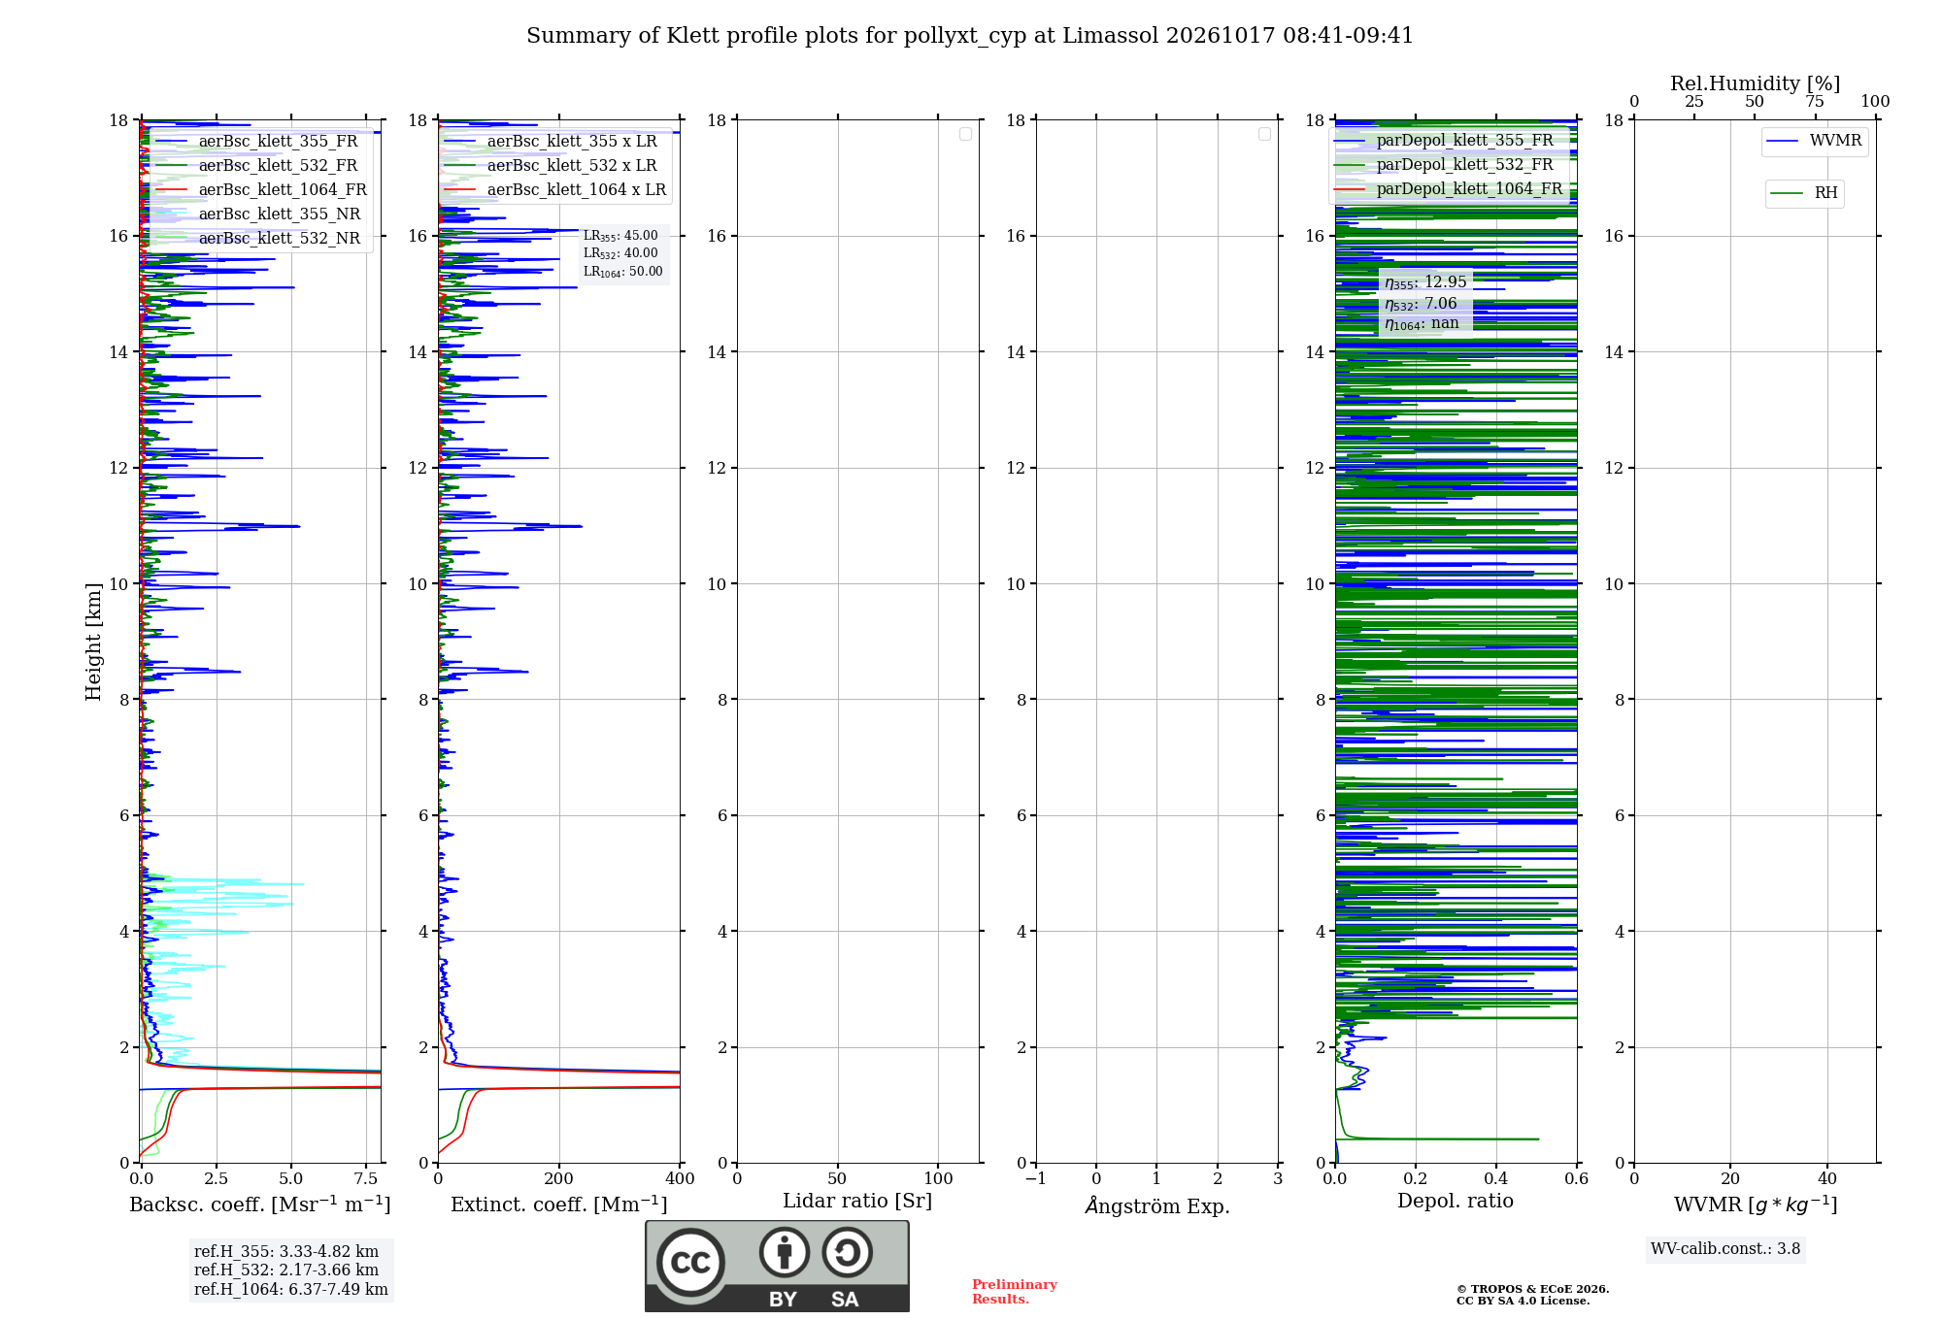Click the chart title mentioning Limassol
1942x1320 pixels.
(x=970, y=36)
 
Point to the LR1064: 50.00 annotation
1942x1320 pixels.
(x=623, y=272)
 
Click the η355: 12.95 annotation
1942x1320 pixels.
(x=1425, y=282)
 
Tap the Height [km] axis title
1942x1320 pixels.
(x=93, y=642)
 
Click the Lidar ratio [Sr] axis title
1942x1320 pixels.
(x=857, y=1202)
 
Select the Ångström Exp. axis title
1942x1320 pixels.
(x=1157, y=1205)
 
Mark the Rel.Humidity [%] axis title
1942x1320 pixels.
(x=1755, y=83)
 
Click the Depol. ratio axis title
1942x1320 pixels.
(x=1456, y=1201)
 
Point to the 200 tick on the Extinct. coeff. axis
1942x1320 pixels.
(x=559, y=1178)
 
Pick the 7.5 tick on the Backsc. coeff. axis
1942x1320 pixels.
(x=366, y=1178)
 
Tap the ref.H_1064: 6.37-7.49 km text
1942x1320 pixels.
(x=291, y=1290)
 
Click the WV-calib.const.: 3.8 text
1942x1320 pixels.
(x=1725, y=1249)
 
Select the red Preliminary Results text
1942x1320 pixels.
(x=1015, y=1292)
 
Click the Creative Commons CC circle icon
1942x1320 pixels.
(x=690, y=1263)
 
